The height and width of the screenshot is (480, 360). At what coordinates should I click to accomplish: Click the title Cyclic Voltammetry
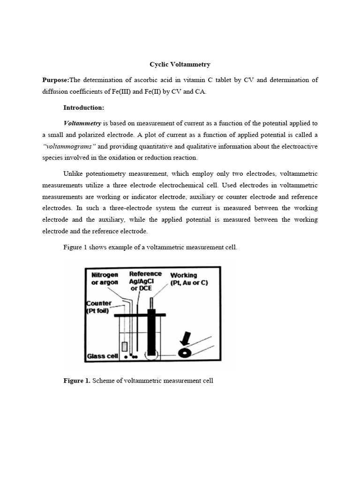click(180, 64)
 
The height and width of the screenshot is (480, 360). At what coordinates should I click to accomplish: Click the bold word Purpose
click(55, 80)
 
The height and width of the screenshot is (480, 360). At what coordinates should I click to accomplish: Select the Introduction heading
click(83, 108)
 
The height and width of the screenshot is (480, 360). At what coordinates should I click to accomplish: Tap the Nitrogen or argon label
click(105, 278)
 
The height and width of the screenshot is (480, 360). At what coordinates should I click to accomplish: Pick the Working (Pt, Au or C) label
click(189, 278)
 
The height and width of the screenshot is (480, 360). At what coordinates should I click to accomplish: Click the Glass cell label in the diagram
click(101, 356)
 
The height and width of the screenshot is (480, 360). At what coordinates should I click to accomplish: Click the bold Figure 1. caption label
click(76, 381)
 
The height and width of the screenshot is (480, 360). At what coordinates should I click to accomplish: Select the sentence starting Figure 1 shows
click(150, 247)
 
